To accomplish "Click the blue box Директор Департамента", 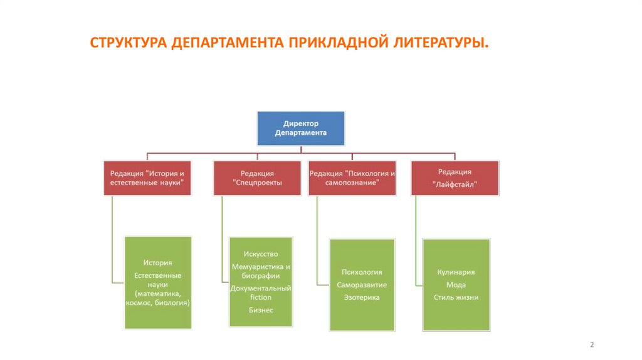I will [301, 129].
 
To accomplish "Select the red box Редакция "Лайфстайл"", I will [455, 178].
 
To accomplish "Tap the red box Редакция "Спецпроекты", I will [257, 178].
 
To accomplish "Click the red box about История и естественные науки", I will [147, 177].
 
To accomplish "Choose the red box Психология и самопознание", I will [352, 178].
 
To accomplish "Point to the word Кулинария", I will [456, 272].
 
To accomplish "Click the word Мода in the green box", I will [456, 285].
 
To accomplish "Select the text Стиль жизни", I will [456, 297].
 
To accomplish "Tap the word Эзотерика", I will [362, 297].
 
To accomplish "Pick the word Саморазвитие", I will [362, 285].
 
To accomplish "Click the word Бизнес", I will [261, 310].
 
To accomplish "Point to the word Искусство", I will [261, 253].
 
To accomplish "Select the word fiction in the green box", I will [261, 297].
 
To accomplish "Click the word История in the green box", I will [157, 263].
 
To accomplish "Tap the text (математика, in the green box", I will [157, 294].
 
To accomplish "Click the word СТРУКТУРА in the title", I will [128, 44].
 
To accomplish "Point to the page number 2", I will [592, 345].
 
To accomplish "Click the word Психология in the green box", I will [362, 272].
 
